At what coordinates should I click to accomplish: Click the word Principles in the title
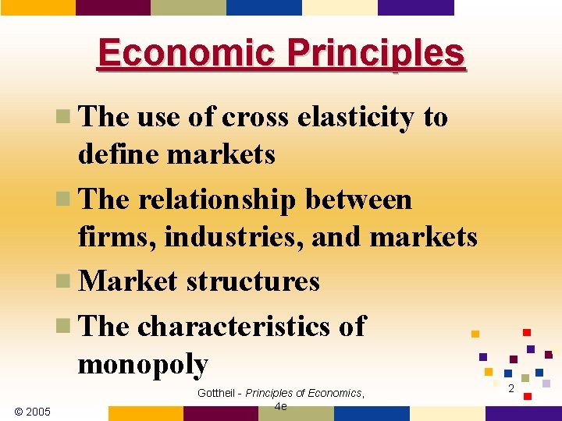click(x=375, y=54)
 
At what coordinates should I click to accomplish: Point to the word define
click(x=119, y=154)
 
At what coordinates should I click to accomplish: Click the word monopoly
click(x=143, y=364)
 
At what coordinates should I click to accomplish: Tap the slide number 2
click(x=510, y=387)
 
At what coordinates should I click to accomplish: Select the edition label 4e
click(x=281, y=406)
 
